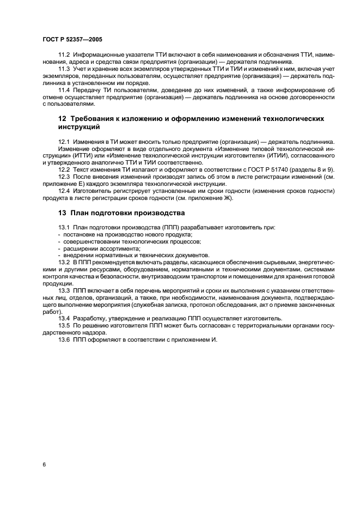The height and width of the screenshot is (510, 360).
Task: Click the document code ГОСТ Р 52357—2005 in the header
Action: coord(72,40)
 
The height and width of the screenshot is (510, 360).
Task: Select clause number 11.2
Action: coord(65,57)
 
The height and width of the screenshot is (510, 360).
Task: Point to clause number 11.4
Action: coord(65,89)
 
